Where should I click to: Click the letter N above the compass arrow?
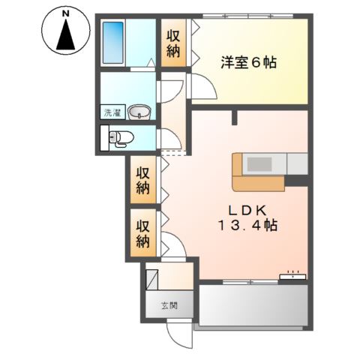pos(66,14)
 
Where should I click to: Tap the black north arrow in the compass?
pos(66,35)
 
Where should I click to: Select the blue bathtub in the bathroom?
pos(113,43)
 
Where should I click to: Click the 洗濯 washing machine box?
pos(112,112)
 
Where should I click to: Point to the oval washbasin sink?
pos(139,112)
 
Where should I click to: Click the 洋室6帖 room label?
pos(248,62)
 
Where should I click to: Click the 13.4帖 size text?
pos(248,226)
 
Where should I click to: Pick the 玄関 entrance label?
pos(169,305)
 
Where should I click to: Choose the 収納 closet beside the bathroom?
pos(173,43)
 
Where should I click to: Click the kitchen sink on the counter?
pos(259,164)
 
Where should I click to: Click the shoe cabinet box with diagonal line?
pos(151,280)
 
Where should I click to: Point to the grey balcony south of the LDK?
pos(253,305)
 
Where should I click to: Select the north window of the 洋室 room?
pos(247,16)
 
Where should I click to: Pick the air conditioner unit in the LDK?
pos(292,276)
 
